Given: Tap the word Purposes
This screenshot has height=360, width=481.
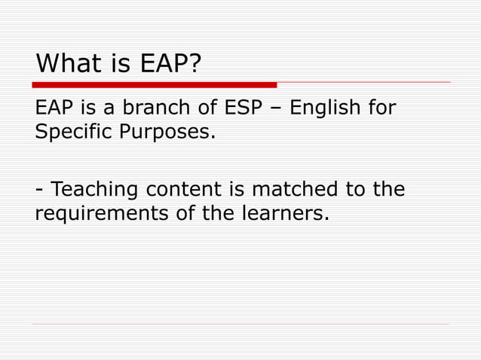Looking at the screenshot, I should pos(167,133).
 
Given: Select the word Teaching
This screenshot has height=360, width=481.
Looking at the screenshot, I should pos(96,188).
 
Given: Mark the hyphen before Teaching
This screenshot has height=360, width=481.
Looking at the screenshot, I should pos(39,190).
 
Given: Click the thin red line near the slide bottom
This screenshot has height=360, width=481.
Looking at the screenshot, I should pos(241,325).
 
